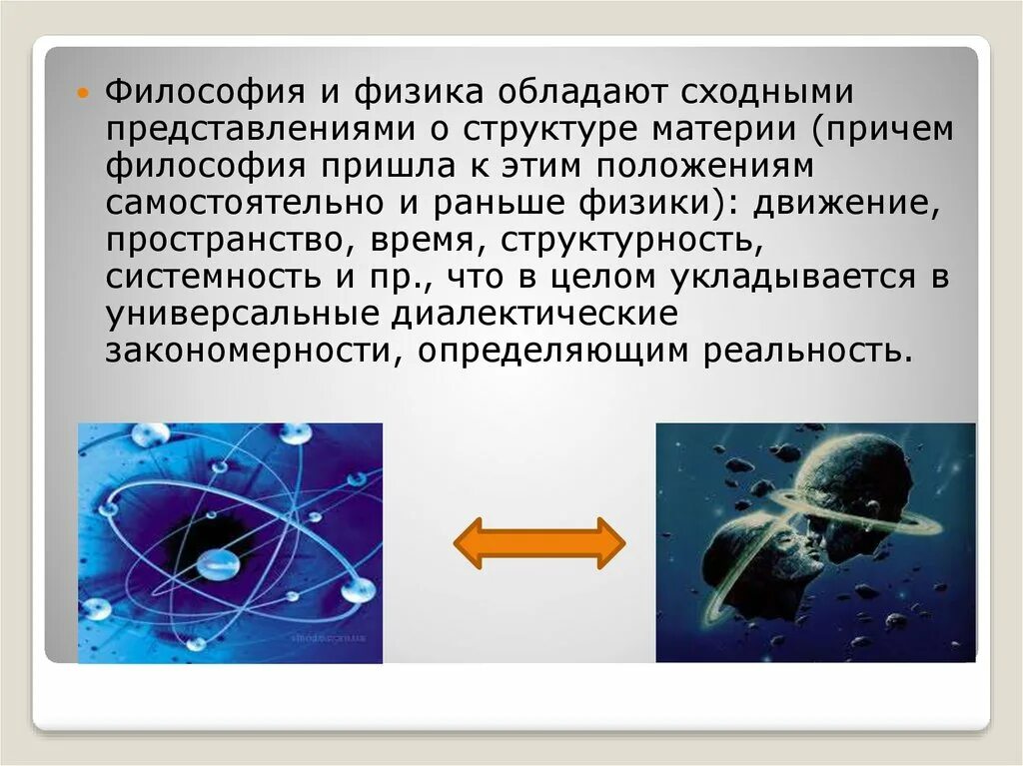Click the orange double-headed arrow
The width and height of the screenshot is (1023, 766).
[539, 542]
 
